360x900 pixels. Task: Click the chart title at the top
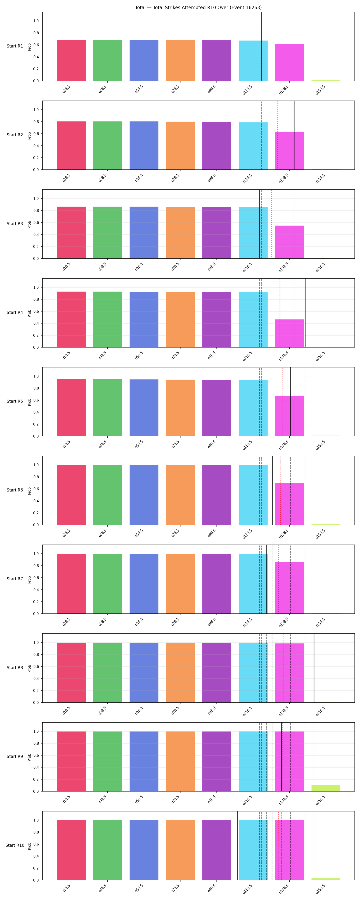[x=198, y=7]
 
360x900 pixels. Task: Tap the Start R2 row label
[x=15, y=135]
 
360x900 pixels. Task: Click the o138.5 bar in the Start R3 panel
[x=289, y=242]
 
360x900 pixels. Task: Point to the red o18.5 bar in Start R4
[x=71, y=319]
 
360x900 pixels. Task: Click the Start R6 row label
[x=15, y=490]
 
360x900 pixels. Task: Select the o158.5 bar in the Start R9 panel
[x=326, y=788]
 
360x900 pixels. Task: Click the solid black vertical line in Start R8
[x=314, y=668]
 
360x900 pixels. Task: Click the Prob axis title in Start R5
[x=29, y=402]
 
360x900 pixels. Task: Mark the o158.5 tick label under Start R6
[x=320, y=533]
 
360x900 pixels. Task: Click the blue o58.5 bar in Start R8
[x=144, y=672]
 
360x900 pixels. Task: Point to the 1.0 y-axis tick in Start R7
[x=36, y=554]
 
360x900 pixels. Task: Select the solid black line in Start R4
[x=305, y=313]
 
